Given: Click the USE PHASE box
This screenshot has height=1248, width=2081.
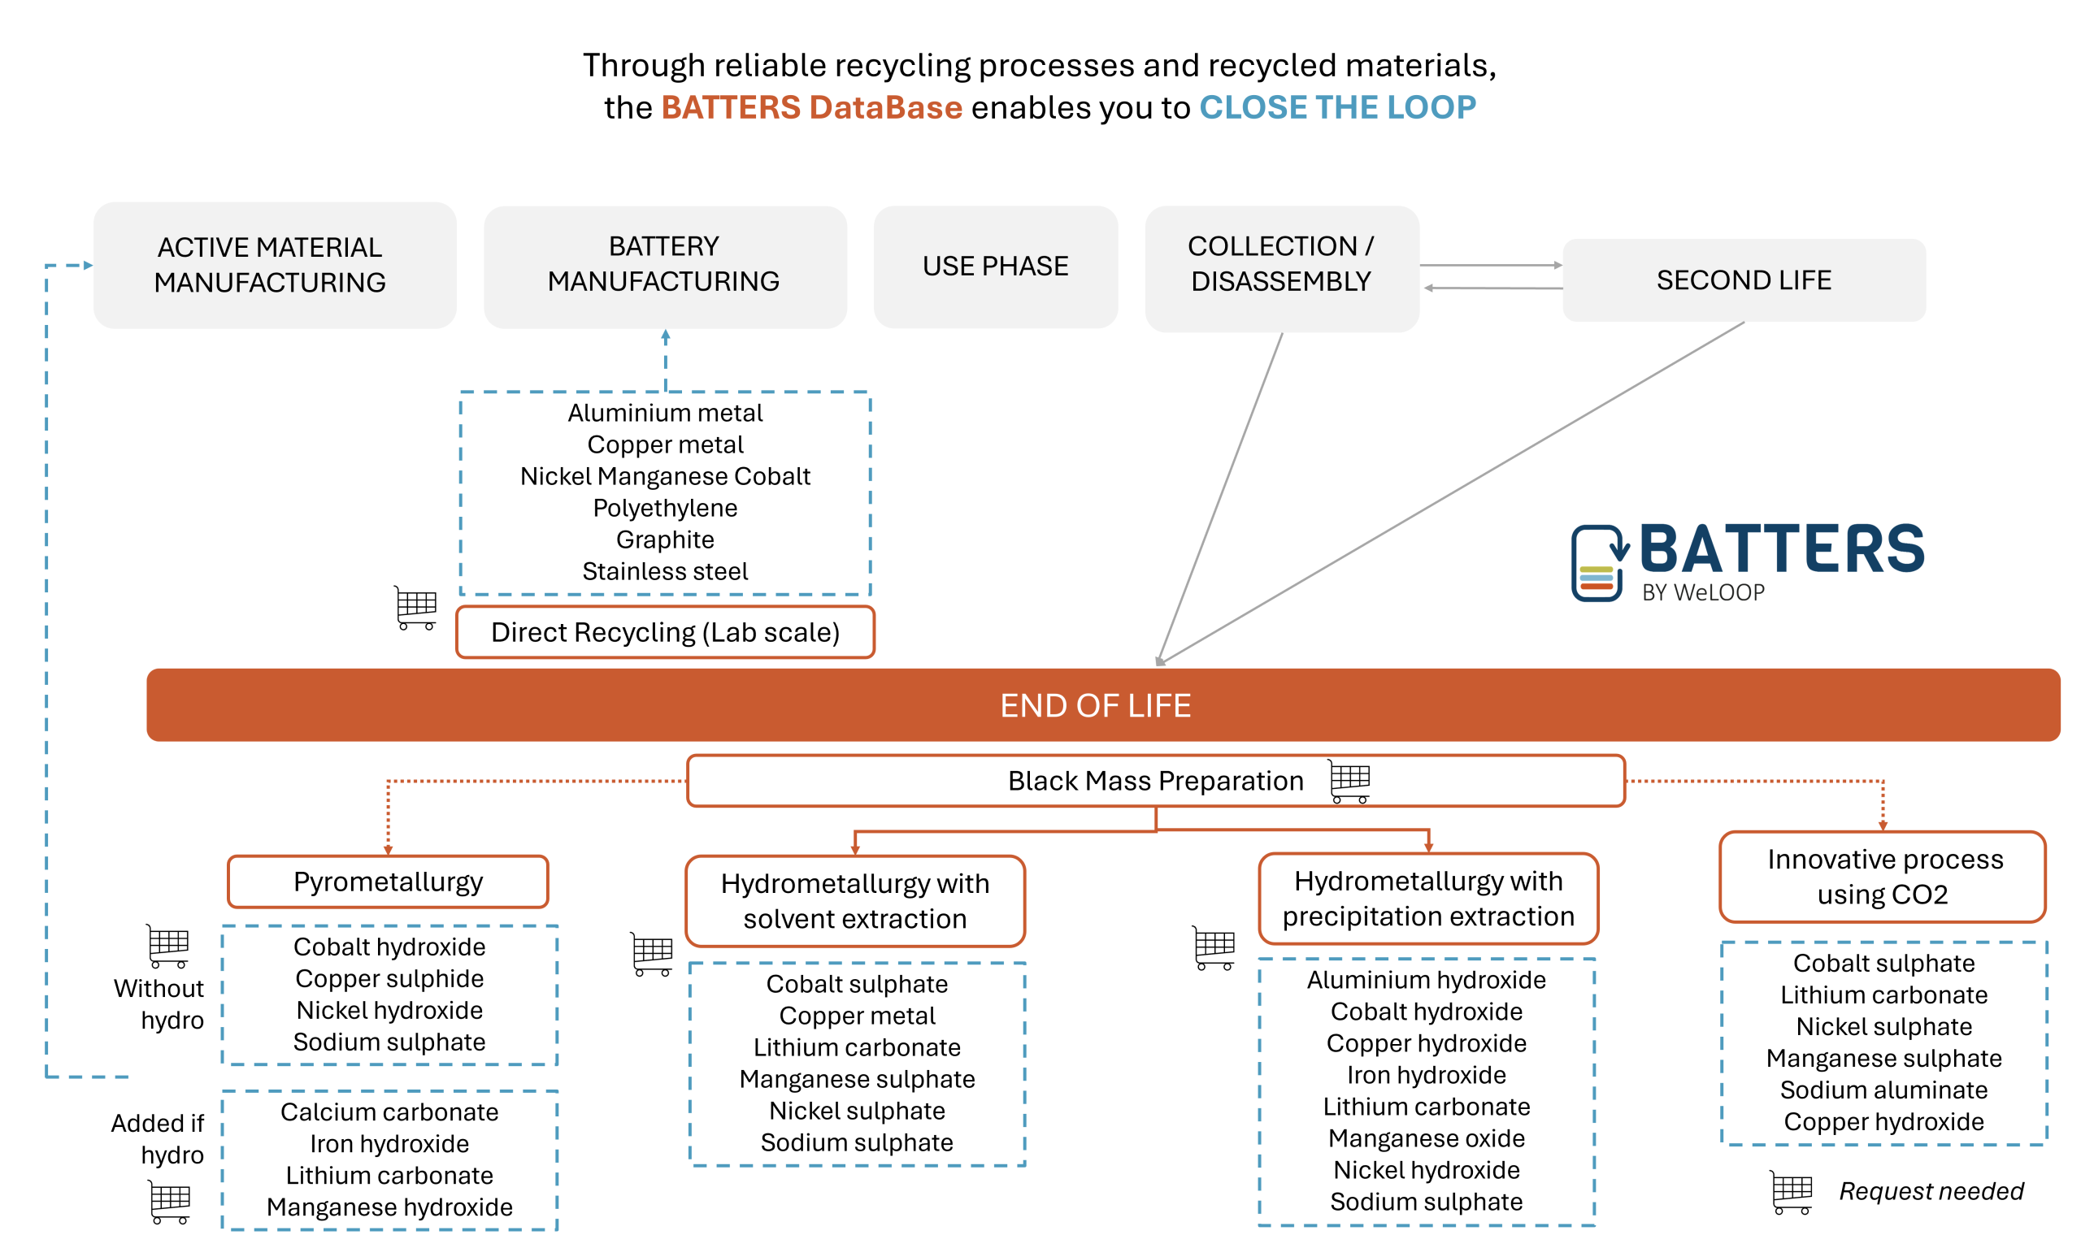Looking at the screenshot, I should pos(995,266).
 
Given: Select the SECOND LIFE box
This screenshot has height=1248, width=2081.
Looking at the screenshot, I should pos(1743,280).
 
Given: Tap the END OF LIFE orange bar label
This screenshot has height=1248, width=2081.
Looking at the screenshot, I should pos(1094,705).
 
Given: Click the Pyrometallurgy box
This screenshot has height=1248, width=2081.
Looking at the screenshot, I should pos(388,882).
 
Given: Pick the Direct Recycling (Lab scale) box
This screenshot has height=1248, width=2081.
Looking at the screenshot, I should pos(664,632).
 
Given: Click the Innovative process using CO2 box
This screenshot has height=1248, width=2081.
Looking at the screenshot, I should pos(1883,877).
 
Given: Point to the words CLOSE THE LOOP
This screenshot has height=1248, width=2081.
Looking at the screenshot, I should pos(1336,107).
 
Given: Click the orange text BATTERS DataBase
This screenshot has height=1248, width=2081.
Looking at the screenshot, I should pos(811,107).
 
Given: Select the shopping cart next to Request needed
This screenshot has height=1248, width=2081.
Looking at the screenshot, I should pos(1790,1192).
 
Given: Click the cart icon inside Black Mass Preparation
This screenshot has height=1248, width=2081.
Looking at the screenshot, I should pos(1350,782).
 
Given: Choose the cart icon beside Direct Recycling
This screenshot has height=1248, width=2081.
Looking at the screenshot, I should pos(415,607).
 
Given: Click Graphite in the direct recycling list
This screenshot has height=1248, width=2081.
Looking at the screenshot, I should pos(664,539).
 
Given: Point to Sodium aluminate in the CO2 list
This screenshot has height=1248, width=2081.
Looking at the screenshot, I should pos(1883,1090).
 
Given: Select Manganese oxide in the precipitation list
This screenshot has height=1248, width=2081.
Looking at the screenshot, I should pos(1427,1137).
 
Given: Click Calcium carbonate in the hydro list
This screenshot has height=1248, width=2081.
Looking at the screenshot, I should pos(389,1111).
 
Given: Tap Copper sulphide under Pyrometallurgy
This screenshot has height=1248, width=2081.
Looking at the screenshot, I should pos(389,978).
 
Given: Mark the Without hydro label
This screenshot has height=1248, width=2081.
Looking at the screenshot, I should pos(160,1003).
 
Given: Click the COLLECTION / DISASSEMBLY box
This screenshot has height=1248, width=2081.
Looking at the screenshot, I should pos(1281,264).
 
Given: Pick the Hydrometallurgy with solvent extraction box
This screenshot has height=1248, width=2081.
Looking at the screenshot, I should pos(854,901).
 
